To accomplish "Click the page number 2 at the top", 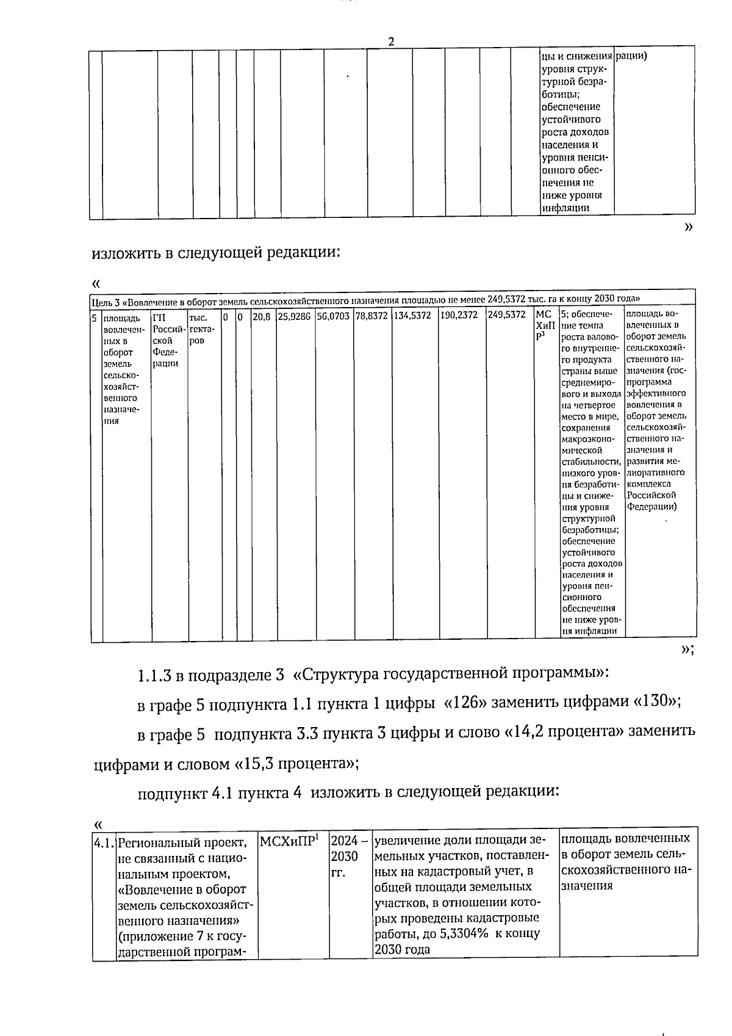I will point(391,42).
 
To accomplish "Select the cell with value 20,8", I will point(262,316).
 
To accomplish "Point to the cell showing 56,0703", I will point(333,316).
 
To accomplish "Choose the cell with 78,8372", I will point(371,316).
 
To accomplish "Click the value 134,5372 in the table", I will point(413,316).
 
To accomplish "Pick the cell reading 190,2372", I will point(459,316).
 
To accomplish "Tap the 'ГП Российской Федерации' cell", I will point(168,340).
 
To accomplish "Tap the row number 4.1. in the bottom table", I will point(104,844).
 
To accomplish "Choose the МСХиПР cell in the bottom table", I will point(289,842).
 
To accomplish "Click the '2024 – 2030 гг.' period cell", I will point(349,857).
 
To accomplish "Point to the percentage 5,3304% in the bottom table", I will point(464,933).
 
